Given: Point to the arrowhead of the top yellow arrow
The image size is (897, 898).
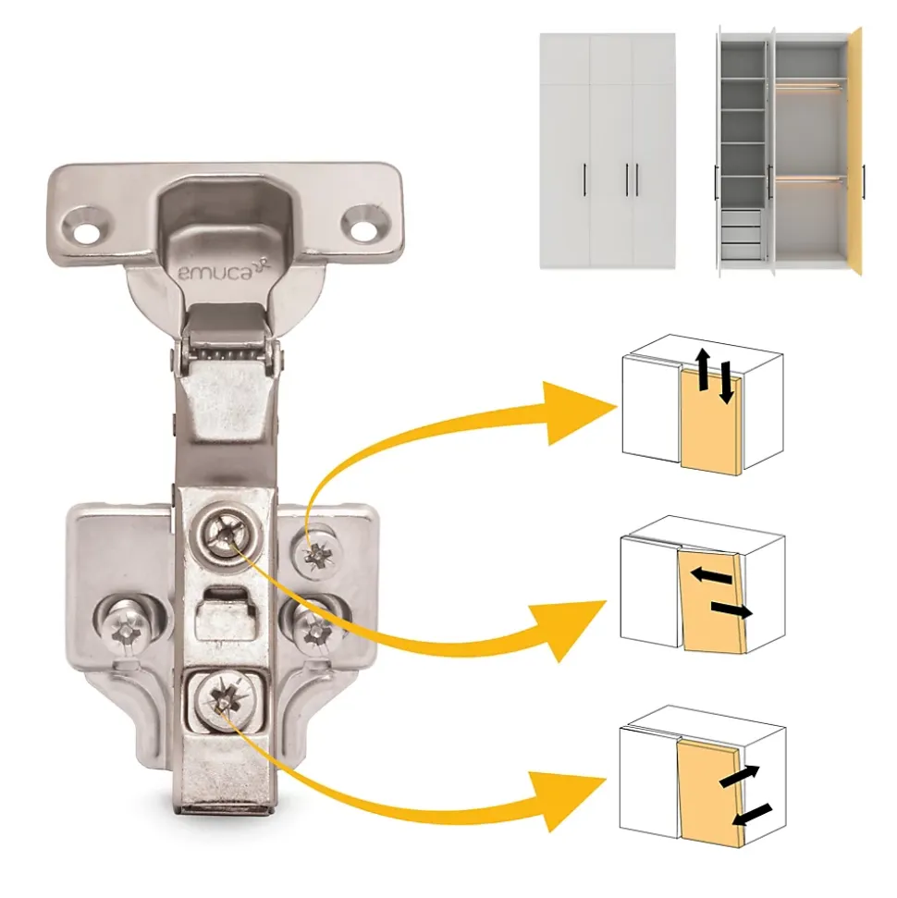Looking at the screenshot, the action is tap(580, 412).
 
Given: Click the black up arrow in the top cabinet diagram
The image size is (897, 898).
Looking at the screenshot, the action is tap(703, 370).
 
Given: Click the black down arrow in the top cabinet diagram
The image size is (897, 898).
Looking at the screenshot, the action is tap(725, 382).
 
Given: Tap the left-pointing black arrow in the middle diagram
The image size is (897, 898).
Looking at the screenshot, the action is tap(711, 575).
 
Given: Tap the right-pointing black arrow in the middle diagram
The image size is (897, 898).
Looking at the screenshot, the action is tap(731, 610).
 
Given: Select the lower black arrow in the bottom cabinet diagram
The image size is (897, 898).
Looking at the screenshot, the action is tap(752, 815).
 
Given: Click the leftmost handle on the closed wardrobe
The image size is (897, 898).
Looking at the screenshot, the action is tap(584, 179).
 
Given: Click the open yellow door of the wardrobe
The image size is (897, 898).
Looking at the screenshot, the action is tap(855, 152).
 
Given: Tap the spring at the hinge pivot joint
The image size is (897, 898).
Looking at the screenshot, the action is tap(226, 354).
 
